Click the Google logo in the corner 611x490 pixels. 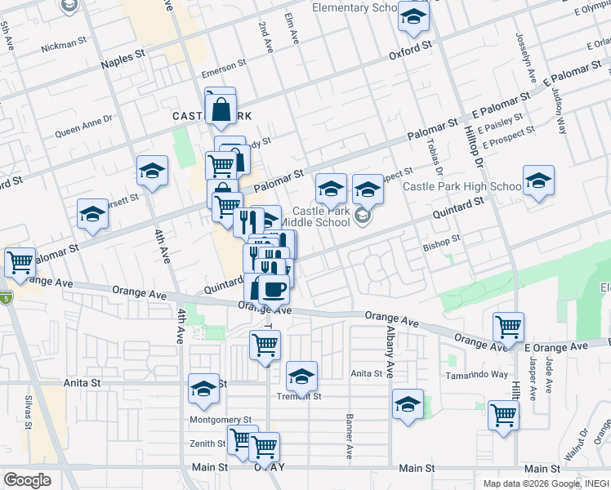coord(27,479)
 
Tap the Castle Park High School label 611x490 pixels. coord(462,187)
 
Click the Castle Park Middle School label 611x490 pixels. coord(321,216)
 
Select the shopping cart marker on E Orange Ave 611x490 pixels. coord(509,327)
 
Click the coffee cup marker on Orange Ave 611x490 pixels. coord(274,288)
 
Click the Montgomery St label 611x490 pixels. coord(220,419)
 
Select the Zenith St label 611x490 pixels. coord(207,443)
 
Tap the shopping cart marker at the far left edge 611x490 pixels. coord(20,262)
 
